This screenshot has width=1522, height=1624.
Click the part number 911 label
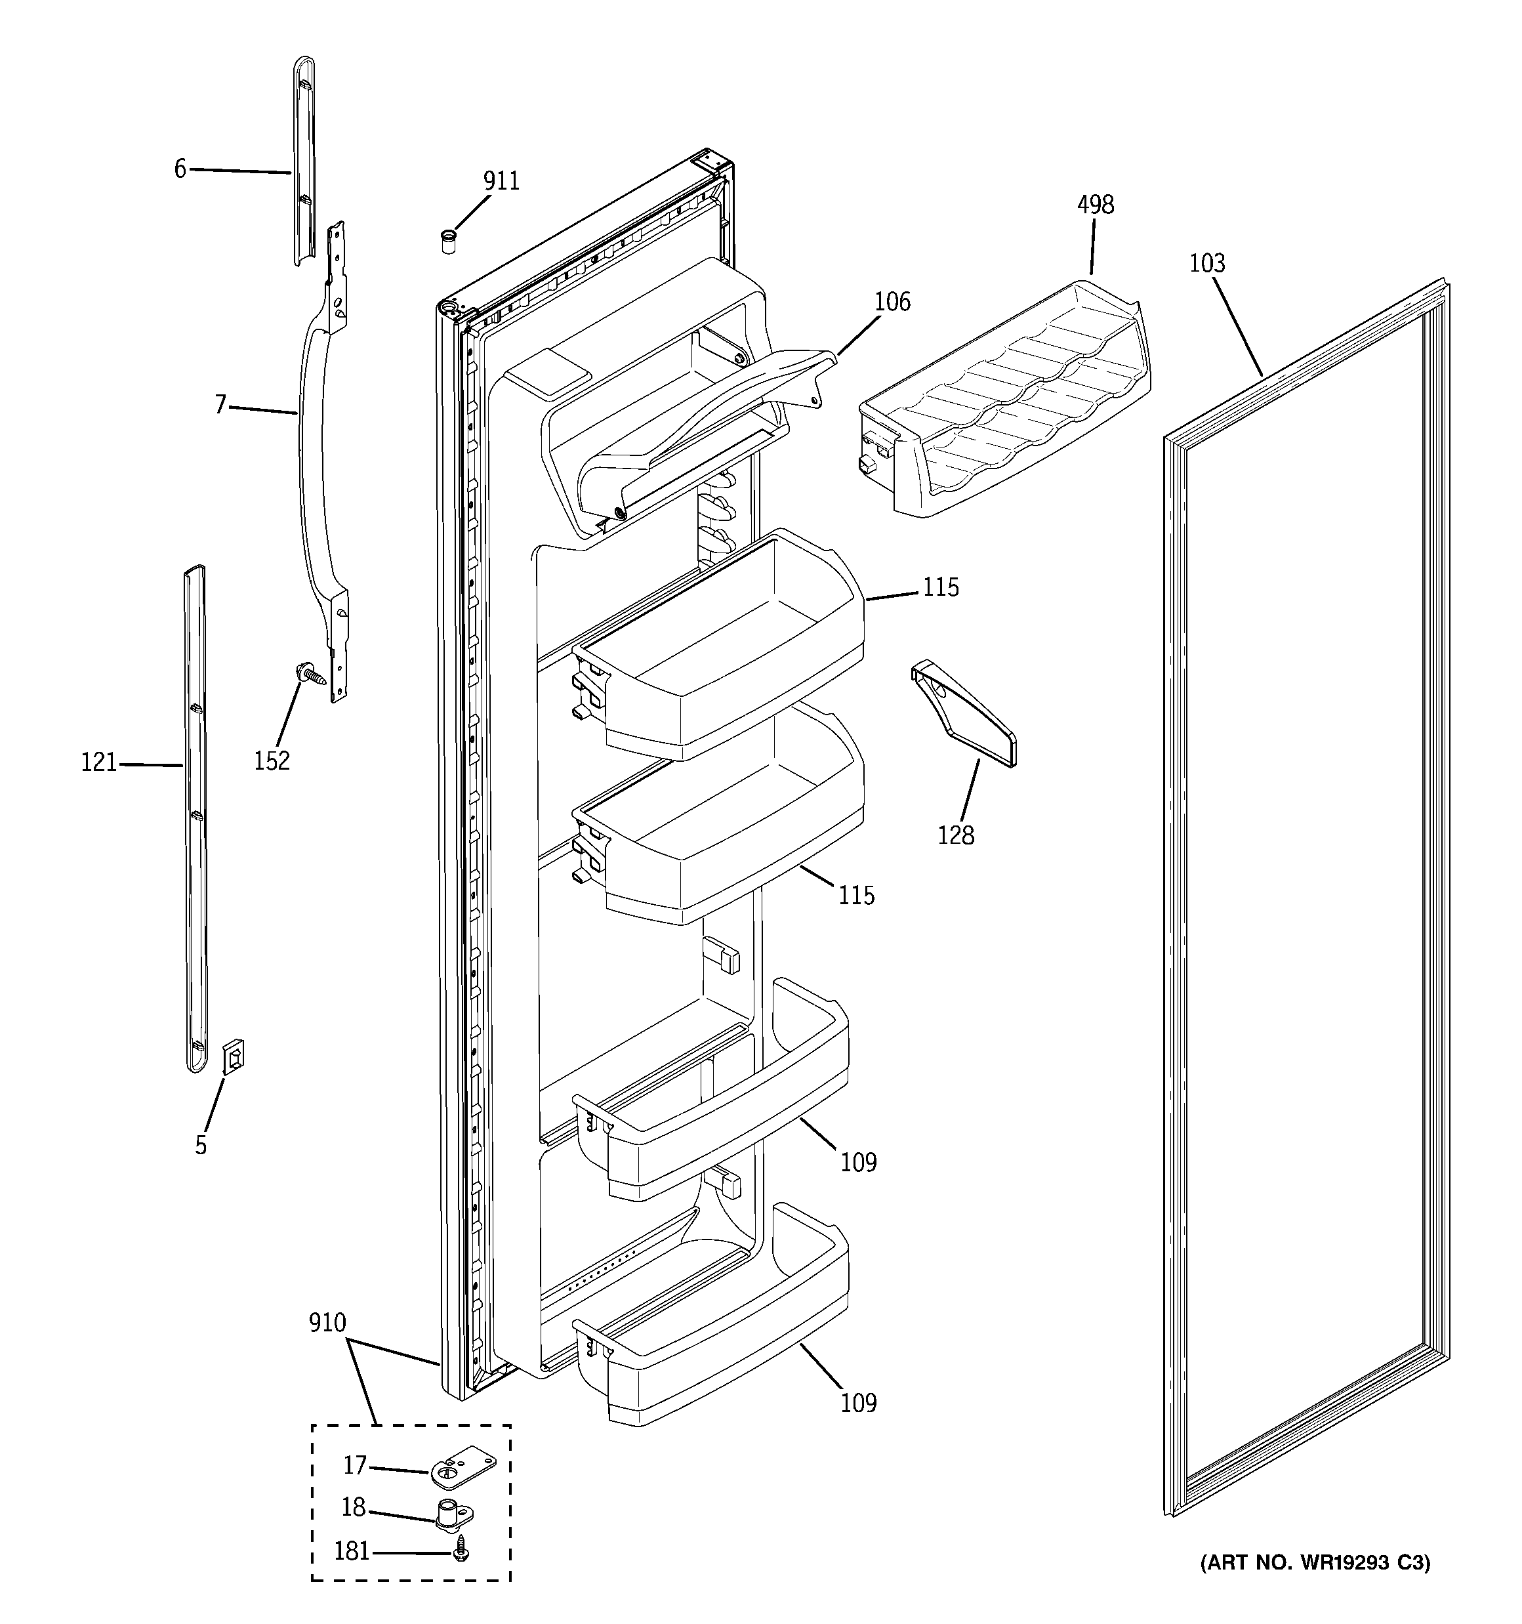tap(501, 181)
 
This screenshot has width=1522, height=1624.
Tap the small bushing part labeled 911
tap(447, 242)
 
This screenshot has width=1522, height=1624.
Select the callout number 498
tap(1095, 205)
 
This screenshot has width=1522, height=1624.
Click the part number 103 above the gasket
tap(1206, 264)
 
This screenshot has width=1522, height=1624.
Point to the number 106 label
tap(892, 302)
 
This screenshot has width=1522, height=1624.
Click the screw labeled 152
tap(311, 674)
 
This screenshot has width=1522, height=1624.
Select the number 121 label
tap(99, 763)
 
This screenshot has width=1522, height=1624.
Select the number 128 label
tap(956, 836)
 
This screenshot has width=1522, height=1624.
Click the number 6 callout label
tap(180, 169)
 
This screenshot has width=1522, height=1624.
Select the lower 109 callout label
tap(859, 1404)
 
